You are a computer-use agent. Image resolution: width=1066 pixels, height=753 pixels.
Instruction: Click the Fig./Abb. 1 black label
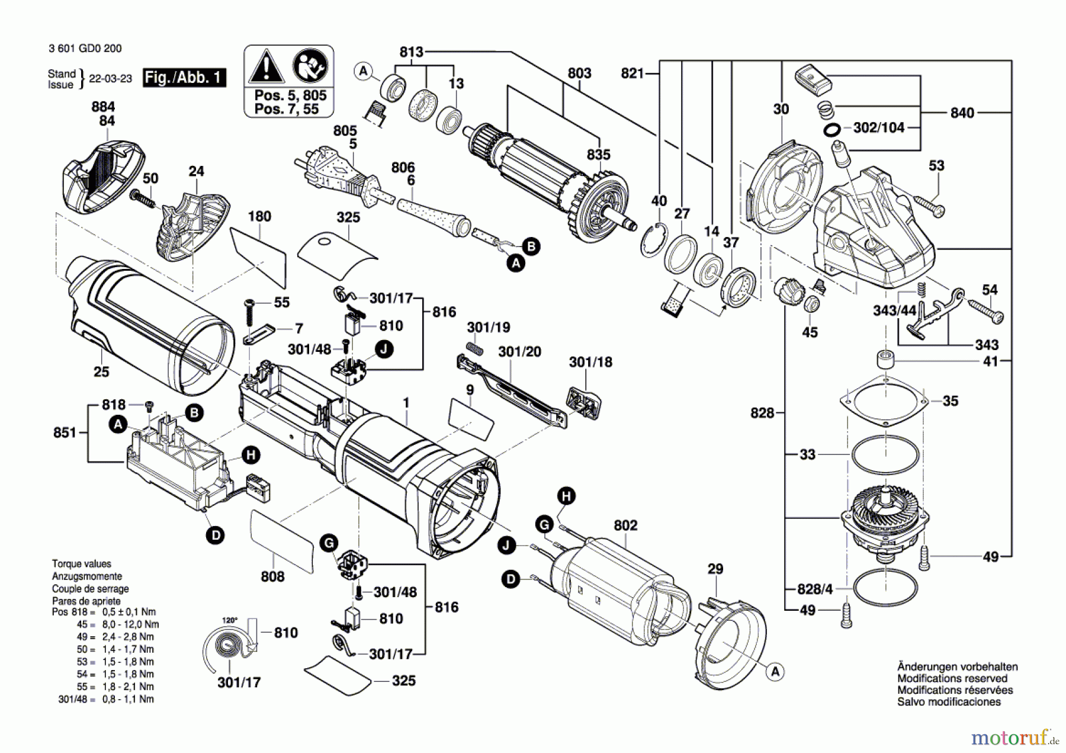(x=184, y=78)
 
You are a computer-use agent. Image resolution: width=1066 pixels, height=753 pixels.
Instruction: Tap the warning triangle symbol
(x=266, y=66)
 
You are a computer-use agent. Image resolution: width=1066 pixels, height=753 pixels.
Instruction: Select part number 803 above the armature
(x=579, y=73)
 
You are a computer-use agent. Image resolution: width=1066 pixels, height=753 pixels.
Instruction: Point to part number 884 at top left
(x=103, y=107)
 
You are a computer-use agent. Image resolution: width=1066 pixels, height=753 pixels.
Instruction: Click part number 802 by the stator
(x=625, y=525)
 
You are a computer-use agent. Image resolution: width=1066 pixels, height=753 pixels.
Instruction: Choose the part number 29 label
(x=715, y=569)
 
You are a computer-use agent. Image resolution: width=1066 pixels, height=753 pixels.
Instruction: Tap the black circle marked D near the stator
(x=510, y=579)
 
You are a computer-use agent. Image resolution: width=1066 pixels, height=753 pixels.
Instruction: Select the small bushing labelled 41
(x=885, y=359)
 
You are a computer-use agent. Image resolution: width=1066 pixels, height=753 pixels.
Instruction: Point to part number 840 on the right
(x=962, y=113)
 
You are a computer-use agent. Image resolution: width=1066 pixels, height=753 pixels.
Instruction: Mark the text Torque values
(x=81, y=564)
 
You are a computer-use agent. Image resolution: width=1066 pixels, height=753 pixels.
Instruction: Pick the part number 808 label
(x=272, y=576)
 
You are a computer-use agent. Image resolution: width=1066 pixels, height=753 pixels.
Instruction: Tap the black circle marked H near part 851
(x=251, y=455)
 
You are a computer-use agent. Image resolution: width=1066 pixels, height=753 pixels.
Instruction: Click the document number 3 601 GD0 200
(x=85, y=49)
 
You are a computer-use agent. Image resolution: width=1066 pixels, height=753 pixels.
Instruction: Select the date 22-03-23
(x=110, y=78)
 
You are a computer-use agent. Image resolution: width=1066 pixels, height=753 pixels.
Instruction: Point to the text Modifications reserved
(x=952, y=678)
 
